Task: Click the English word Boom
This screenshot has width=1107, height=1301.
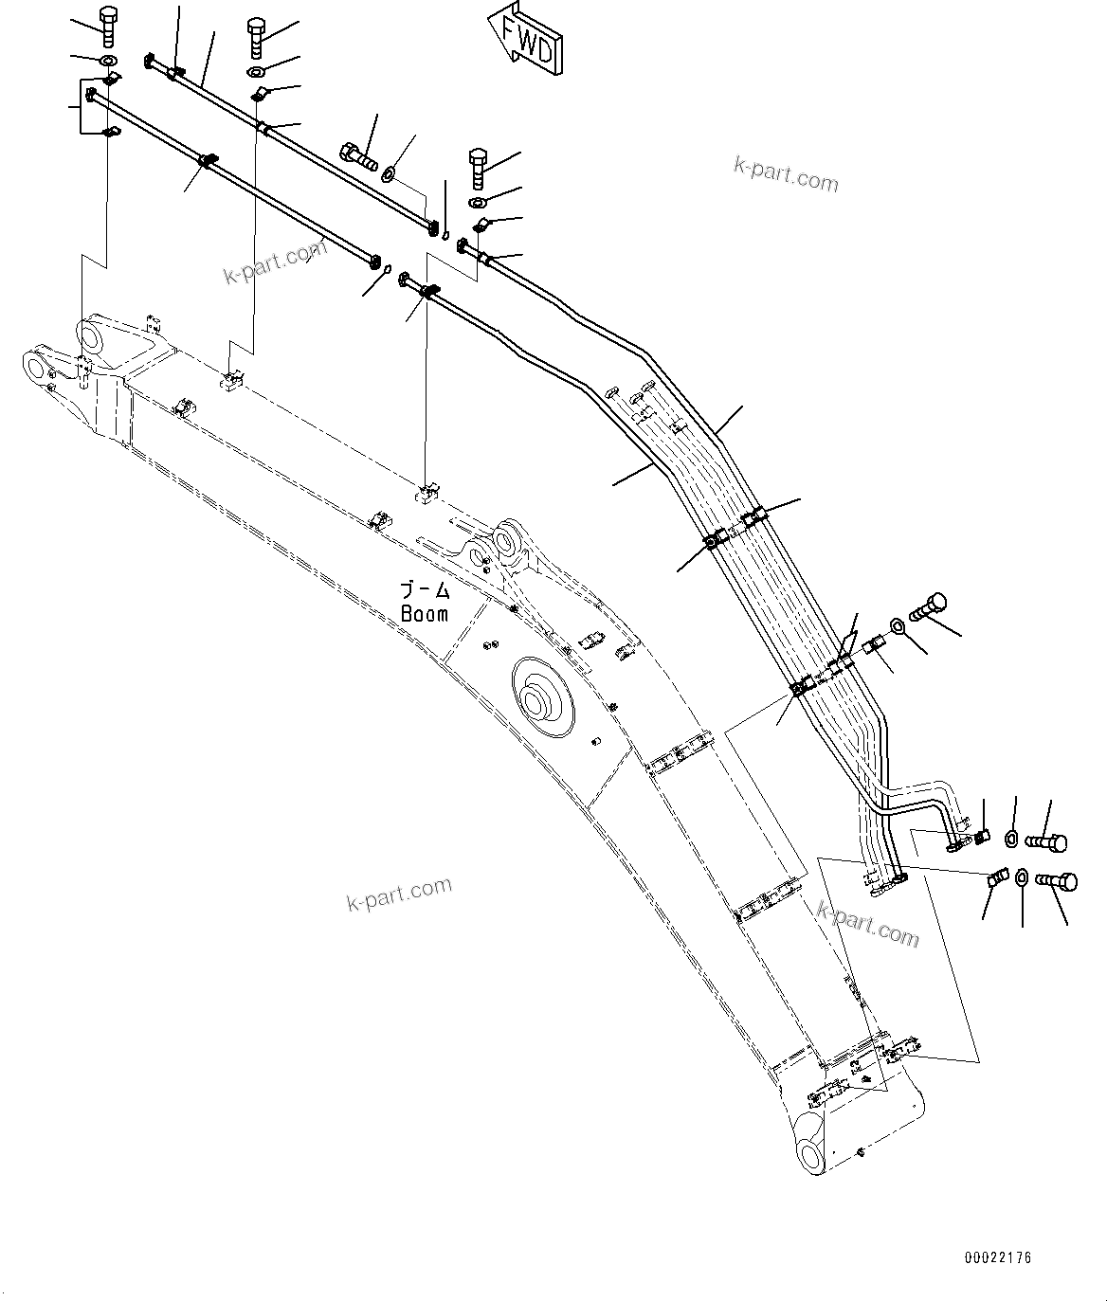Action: click(425, 613)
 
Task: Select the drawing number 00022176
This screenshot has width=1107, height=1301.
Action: click(998, 1257)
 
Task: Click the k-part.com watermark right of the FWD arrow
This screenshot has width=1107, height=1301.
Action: click(786, 175)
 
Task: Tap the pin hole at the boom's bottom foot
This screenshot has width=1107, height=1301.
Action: click(810, 1155)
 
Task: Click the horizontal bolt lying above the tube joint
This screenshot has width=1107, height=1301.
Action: click(356, 154)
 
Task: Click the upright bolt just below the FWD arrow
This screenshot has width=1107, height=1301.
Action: click(479, 168)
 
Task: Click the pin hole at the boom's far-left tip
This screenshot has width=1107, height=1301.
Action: click(36, 366)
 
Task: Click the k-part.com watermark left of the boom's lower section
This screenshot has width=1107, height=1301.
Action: click(399, 892)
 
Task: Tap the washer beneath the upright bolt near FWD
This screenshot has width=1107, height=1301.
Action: click(478, 202)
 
